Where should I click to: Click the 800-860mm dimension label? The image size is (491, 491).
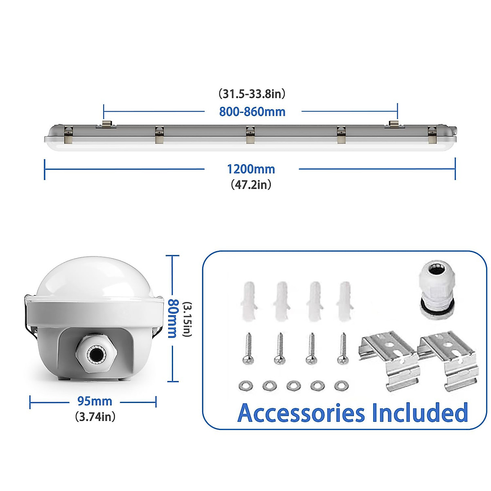[252, 112]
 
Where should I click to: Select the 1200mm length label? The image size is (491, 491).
[251, 169]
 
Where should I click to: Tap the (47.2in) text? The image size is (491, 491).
[251, 185]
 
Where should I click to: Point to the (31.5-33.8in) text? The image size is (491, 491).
[252, 94]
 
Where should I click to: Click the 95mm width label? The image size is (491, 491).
[95, 401]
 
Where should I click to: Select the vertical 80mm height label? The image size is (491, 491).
[173, 318]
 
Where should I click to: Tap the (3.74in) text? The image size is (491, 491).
[95, 417]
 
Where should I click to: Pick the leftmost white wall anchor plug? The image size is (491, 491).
[248, 301]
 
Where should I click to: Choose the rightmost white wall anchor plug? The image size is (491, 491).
[344, 301]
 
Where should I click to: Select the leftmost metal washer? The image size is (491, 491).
[245, 385]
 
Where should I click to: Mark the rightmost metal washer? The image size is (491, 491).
[341, 385]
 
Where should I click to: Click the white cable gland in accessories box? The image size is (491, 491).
[436, 291]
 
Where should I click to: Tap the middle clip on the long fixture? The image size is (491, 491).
[250, 135]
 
